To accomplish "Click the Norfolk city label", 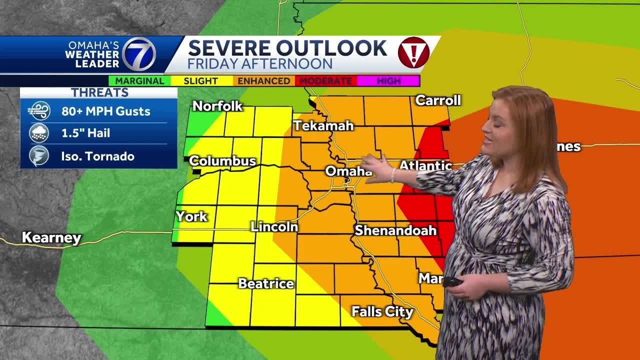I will (217, 106).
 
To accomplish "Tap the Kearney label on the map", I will (51, 237).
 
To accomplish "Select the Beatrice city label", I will (266, 283).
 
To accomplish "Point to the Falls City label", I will (382, 312).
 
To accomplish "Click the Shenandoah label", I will (395, 230).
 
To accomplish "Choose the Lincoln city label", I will (274, 226).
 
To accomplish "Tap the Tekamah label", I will (323, 125).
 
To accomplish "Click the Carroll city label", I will (438, 100).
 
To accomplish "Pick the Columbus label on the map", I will (222, 161).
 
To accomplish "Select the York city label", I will (191, 216).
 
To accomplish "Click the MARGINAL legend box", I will (139, 80).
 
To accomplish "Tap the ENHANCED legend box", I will (263, 80).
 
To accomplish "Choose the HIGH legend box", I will (388, 80).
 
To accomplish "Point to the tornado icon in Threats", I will (39, 156).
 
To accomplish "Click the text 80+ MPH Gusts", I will (105, 111).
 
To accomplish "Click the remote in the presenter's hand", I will (452, 281).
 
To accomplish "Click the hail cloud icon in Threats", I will (39, 133).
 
